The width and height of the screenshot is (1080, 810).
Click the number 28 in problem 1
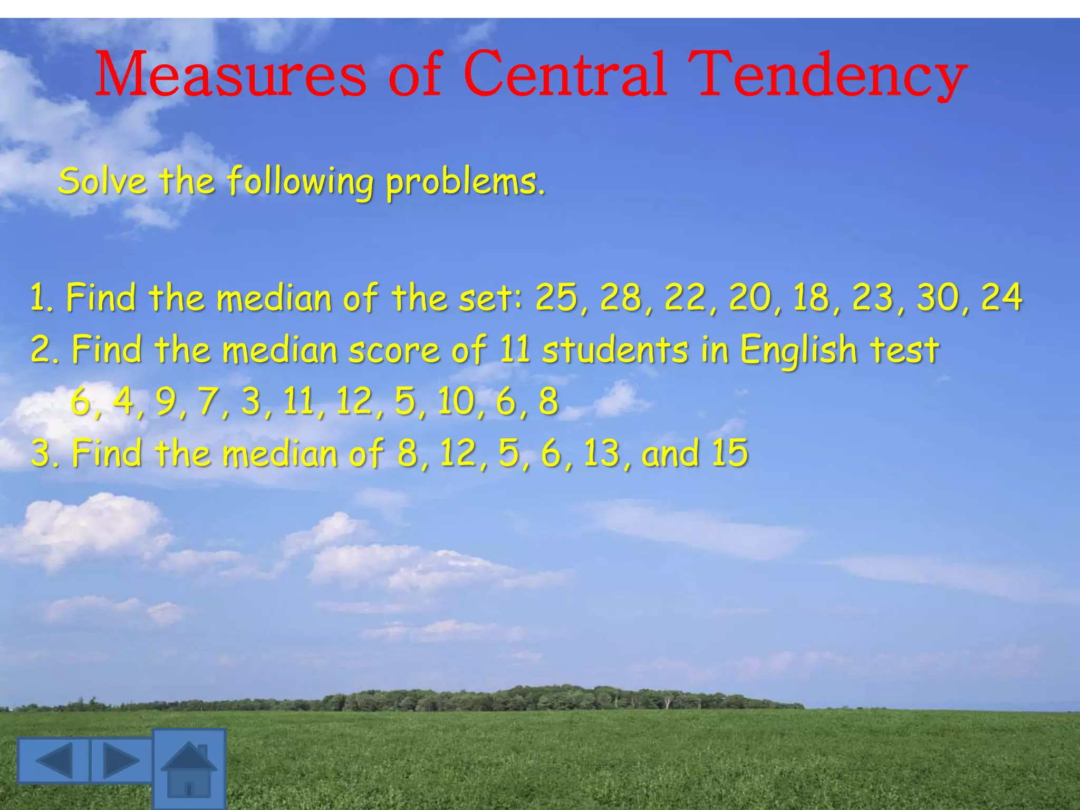click(x=620, y=297)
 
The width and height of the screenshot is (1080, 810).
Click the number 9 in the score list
click(x=166, y=401)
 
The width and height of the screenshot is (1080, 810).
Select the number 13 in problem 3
click(x=602, y=453)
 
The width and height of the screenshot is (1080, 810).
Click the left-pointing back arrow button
click(x=54, y=760)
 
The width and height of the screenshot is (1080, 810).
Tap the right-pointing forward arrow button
click(x=121, y=760)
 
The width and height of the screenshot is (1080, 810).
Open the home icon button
click(x=189, y=769)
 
